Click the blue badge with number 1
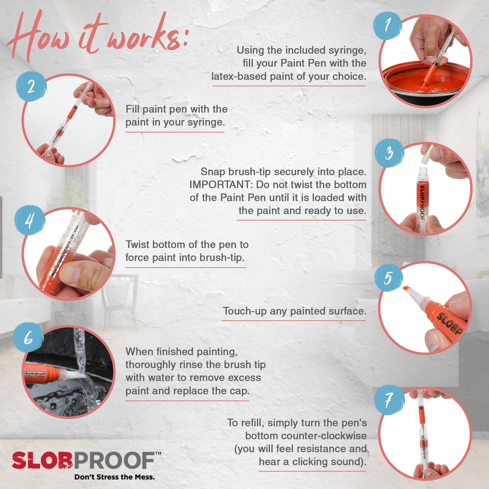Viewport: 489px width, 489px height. pos(387,25)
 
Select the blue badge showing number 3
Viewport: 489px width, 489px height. pos(389,153)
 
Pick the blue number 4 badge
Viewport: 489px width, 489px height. pos(29,220)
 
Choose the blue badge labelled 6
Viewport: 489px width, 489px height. pos(28,338)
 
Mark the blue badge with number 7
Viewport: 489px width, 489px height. pos(388,400)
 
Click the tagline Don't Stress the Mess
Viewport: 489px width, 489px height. pos(114,477)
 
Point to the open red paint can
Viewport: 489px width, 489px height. pos(425,83)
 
